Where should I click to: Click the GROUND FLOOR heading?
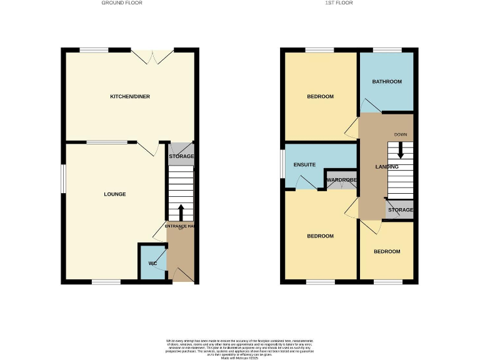(122, 3)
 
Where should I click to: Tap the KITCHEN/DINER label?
(130, 97)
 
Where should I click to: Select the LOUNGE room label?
(115, 194)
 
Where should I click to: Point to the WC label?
(152, 263)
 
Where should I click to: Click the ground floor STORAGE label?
(181, 156)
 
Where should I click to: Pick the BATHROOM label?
(387, 82)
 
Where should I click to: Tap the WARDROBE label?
(341, 180)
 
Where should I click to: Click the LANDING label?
(387, 167)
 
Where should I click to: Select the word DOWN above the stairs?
(401, 135)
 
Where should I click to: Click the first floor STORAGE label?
(401, 210)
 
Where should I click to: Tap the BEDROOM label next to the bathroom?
(320, 97)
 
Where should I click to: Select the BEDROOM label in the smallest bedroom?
(387, 251)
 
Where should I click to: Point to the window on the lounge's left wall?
(62, 179)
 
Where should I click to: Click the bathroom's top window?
(387, 49)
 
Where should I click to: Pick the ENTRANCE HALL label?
(181, 226)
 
